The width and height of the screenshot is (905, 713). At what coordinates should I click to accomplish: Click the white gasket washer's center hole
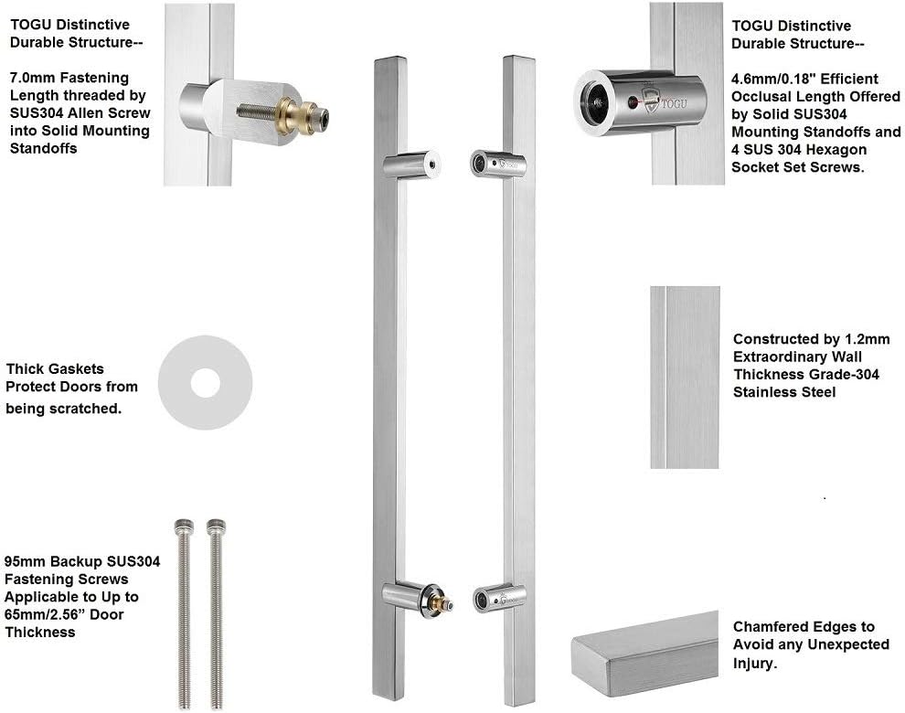click(x=205, y=384)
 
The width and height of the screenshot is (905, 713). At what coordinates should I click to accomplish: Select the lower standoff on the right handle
click(x=497, y=599)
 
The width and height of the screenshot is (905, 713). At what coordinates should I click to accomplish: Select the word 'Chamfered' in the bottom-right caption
click(x=769, y=626)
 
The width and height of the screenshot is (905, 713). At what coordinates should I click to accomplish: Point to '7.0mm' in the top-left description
click(x=28, y=78)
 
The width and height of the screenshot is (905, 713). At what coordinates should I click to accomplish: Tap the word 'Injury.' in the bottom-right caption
click(x=755, y=663)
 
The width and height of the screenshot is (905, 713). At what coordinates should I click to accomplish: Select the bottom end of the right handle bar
click(x=518, y=697)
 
